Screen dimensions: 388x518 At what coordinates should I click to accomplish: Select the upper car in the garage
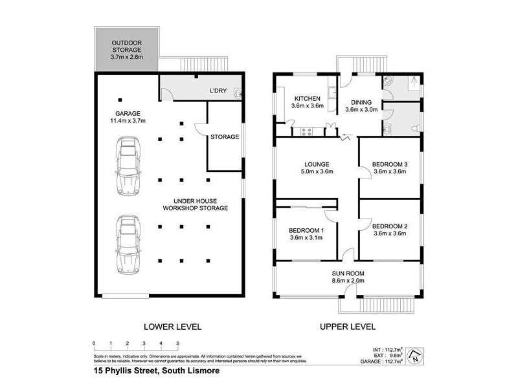click(126, 166)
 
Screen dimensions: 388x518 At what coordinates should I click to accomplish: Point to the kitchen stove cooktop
click(306, 132)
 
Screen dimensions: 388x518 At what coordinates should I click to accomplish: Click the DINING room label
click(361, 102)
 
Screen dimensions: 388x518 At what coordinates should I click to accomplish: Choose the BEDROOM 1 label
click(307, 231)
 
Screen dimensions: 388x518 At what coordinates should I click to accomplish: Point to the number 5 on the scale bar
click(177, 343)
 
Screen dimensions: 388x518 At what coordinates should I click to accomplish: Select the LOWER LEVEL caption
click(171, 327)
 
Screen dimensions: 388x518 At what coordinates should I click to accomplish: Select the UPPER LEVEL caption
click(348, 327)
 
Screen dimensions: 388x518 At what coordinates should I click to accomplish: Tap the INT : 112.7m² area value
click(390, 347)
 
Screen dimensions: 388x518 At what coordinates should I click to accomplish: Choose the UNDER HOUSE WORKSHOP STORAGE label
click(195, 204)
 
